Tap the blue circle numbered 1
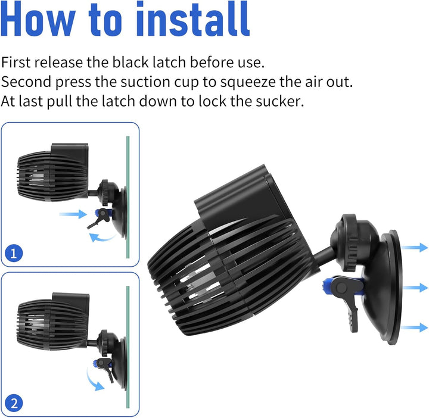[15, 254]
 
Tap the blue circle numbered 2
[15, 403]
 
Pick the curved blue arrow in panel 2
[94, 380]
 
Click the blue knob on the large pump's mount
[327, 286]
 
